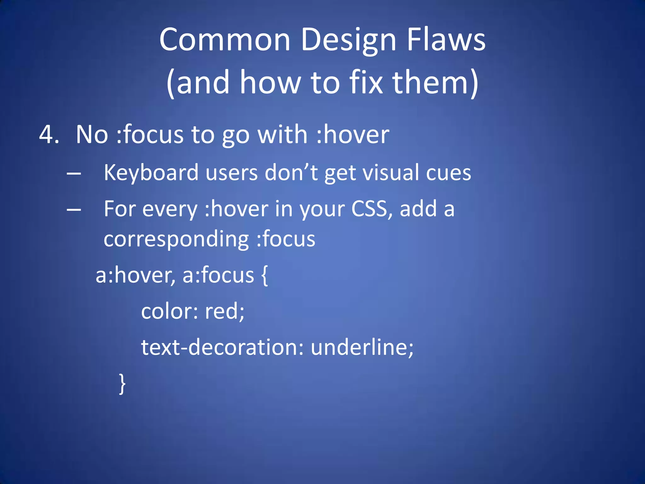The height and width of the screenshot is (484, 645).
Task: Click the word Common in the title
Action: (x=225, y=40)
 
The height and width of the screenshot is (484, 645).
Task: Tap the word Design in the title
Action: (x=348, y=40)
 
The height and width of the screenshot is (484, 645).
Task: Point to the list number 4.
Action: (x=49, y=135)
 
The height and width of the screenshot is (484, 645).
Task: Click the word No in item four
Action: (x=92, y=135)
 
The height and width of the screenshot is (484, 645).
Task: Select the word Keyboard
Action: (x=151, y=173)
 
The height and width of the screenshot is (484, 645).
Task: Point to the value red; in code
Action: (x=225, y=311)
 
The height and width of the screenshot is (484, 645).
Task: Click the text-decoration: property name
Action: (x=222, y=347)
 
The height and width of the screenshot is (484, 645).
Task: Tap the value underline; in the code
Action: (x=362, y=347)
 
